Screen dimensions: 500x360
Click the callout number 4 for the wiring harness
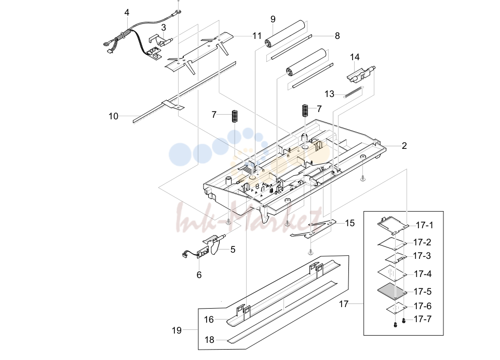(127, 13)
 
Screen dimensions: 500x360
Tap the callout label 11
(257, 36)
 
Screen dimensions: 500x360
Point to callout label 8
(337, 36)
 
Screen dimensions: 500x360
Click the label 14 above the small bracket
(355, 57)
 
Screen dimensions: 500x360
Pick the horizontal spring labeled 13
(353, 92)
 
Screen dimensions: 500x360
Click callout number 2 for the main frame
(404, 146)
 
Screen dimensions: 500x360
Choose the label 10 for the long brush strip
(114, 116)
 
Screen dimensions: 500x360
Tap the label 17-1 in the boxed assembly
(425, 226)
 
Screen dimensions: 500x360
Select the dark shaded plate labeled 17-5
(393, 290)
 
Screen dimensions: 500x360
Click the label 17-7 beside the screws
(423, 319)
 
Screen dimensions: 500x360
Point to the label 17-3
(422, 256)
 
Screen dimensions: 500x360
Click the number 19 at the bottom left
(177, 330)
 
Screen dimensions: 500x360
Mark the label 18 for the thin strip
(209, 340)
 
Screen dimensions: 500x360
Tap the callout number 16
(209, 320)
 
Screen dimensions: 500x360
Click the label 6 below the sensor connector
(199, 275)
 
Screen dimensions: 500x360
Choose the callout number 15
(350, 223)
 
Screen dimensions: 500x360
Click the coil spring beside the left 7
(235, 116)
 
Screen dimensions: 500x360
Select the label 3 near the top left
(164, 27)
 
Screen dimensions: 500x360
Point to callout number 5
(233, 250)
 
